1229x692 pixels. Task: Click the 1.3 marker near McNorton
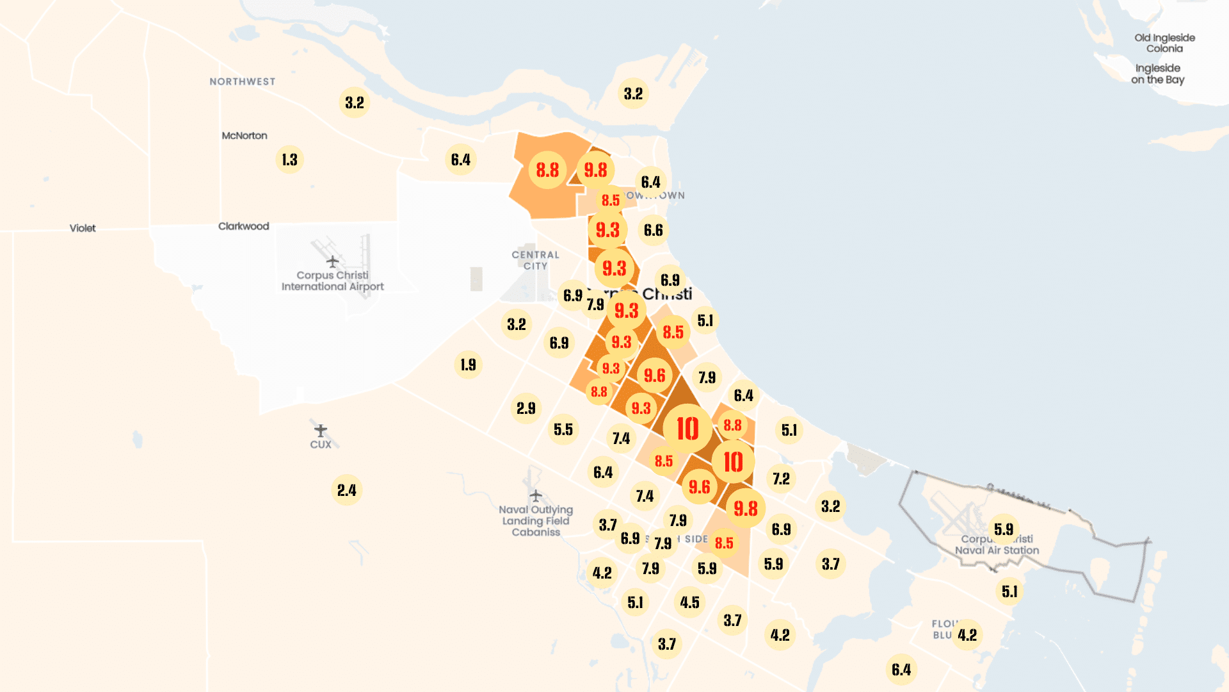pos(289,160)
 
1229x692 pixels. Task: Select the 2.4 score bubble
pos(346,490)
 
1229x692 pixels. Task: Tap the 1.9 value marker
pos(468,365)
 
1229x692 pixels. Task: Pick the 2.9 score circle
pos(526,408)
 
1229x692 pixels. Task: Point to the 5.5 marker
pos(563,429)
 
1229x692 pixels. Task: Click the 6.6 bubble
pos(653,230)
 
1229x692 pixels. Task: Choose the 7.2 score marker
pos(781,479)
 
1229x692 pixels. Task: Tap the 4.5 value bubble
pos(689,602)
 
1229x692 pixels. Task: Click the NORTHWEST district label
pos(243,81)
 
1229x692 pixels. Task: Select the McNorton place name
pos(245,136)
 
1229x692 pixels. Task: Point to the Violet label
pos(83,228)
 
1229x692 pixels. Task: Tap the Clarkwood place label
pos(243,226)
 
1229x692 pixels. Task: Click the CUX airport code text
pos(321,445)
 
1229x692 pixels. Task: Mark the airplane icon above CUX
pos(321,430)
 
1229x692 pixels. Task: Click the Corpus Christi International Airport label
pos(332,281)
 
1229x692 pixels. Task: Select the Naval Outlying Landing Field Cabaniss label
pos(536,521)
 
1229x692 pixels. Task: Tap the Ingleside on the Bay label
pos(1157,74)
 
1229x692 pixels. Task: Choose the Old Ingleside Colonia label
pos(1164,43)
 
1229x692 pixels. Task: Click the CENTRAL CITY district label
pos(535,260)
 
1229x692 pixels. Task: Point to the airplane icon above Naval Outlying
pos(536,495)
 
